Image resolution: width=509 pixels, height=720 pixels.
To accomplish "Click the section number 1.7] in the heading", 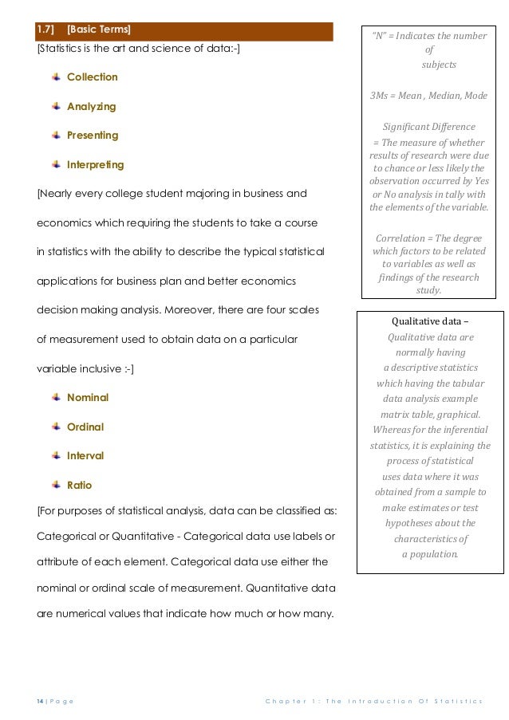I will pos(45,30).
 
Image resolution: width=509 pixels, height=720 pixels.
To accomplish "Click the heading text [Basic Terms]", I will pos(100,30).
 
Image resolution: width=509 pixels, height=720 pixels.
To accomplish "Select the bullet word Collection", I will pos(92,77).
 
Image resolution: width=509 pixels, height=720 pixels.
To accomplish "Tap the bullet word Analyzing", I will pos(91,107).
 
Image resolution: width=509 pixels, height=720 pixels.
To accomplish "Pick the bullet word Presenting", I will pos(93,136).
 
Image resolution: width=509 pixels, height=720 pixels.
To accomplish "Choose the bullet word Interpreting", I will pos(95,165).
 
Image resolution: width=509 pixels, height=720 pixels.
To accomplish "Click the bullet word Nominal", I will pos(88,397).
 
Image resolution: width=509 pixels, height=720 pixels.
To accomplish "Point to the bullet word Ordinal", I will pos(85,427).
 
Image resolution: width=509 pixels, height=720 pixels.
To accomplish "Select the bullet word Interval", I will pos(85,456).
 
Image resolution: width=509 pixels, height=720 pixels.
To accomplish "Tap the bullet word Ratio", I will pos(80,485).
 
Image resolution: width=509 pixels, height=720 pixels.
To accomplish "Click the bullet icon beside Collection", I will pos(56,77).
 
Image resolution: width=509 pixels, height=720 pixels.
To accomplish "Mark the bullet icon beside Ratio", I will pos(56,484).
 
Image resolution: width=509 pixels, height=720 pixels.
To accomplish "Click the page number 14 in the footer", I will pos(40,701).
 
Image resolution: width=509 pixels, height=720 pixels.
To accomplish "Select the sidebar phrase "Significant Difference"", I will pos(429,127).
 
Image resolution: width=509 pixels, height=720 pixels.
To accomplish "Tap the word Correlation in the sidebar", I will pos(400,237).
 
